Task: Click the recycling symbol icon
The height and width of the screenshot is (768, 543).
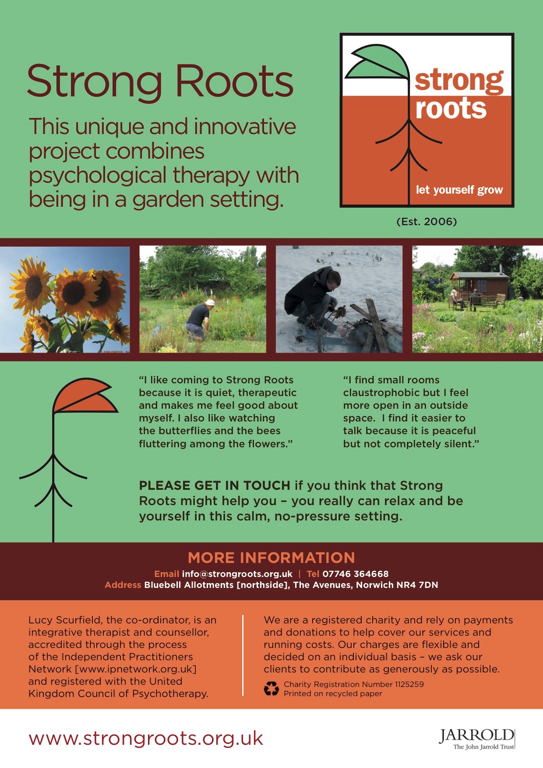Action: click(271, 689)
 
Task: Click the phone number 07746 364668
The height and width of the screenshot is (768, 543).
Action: click(356, 574)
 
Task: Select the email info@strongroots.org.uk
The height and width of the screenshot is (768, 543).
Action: click(237, 574)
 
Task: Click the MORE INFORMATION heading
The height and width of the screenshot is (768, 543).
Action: click(271, 558)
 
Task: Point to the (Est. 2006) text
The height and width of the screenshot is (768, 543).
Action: click(427, 222)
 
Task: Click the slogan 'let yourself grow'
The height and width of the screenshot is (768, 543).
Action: click(459, 190)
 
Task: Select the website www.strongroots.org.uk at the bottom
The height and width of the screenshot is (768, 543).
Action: click(146, 738)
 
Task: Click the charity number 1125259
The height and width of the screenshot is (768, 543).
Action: click(409, 684)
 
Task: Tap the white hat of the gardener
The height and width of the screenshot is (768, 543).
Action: click(210, 302)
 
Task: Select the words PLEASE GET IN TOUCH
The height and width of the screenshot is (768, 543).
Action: click(215, 485)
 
